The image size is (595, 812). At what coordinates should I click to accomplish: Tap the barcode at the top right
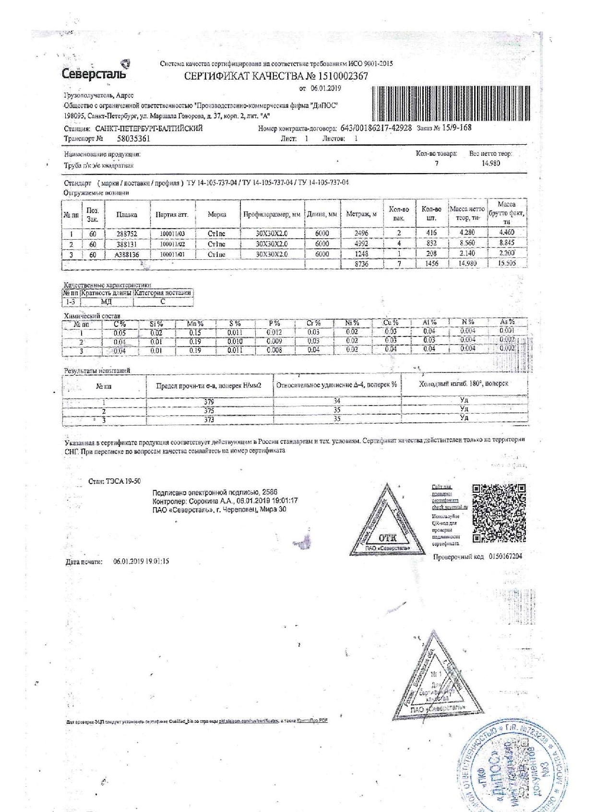click(451, 103)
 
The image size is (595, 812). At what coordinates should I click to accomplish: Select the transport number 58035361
click(134, 139)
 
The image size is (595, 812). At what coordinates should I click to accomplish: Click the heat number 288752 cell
click(127, 233)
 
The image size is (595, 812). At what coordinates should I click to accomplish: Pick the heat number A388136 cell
click(127, 255)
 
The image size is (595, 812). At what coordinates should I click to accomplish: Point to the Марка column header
click(217, 215)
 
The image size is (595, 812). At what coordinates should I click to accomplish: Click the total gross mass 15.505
click(507, 264)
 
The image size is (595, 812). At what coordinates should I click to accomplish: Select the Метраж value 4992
click(361, 244)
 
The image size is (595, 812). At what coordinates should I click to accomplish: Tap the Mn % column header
click(195, 324)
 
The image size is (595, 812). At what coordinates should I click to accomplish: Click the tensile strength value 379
click(209, 402)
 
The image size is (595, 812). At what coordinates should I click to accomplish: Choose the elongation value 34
click(337, 401)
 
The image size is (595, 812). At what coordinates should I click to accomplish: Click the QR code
click(499, 513)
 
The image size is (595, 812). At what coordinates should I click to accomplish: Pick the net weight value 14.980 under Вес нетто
click(491, 163)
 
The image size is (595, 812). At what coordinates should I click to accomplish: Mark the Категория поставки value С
click(163, 302)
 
